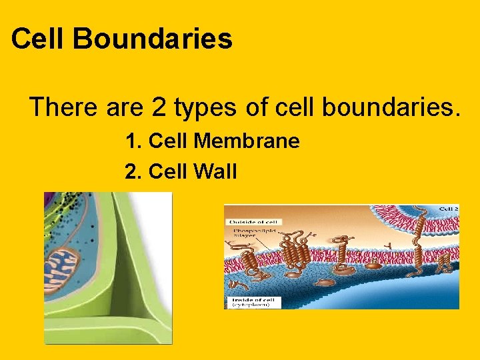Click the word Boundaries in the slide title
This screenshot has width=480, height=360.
click(x=152, y=39)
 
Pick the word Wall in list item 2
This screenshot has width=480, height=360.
click(x=215, y=172)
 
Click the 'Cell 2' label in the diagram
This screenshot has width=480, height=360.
click(x=448, y=209)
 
